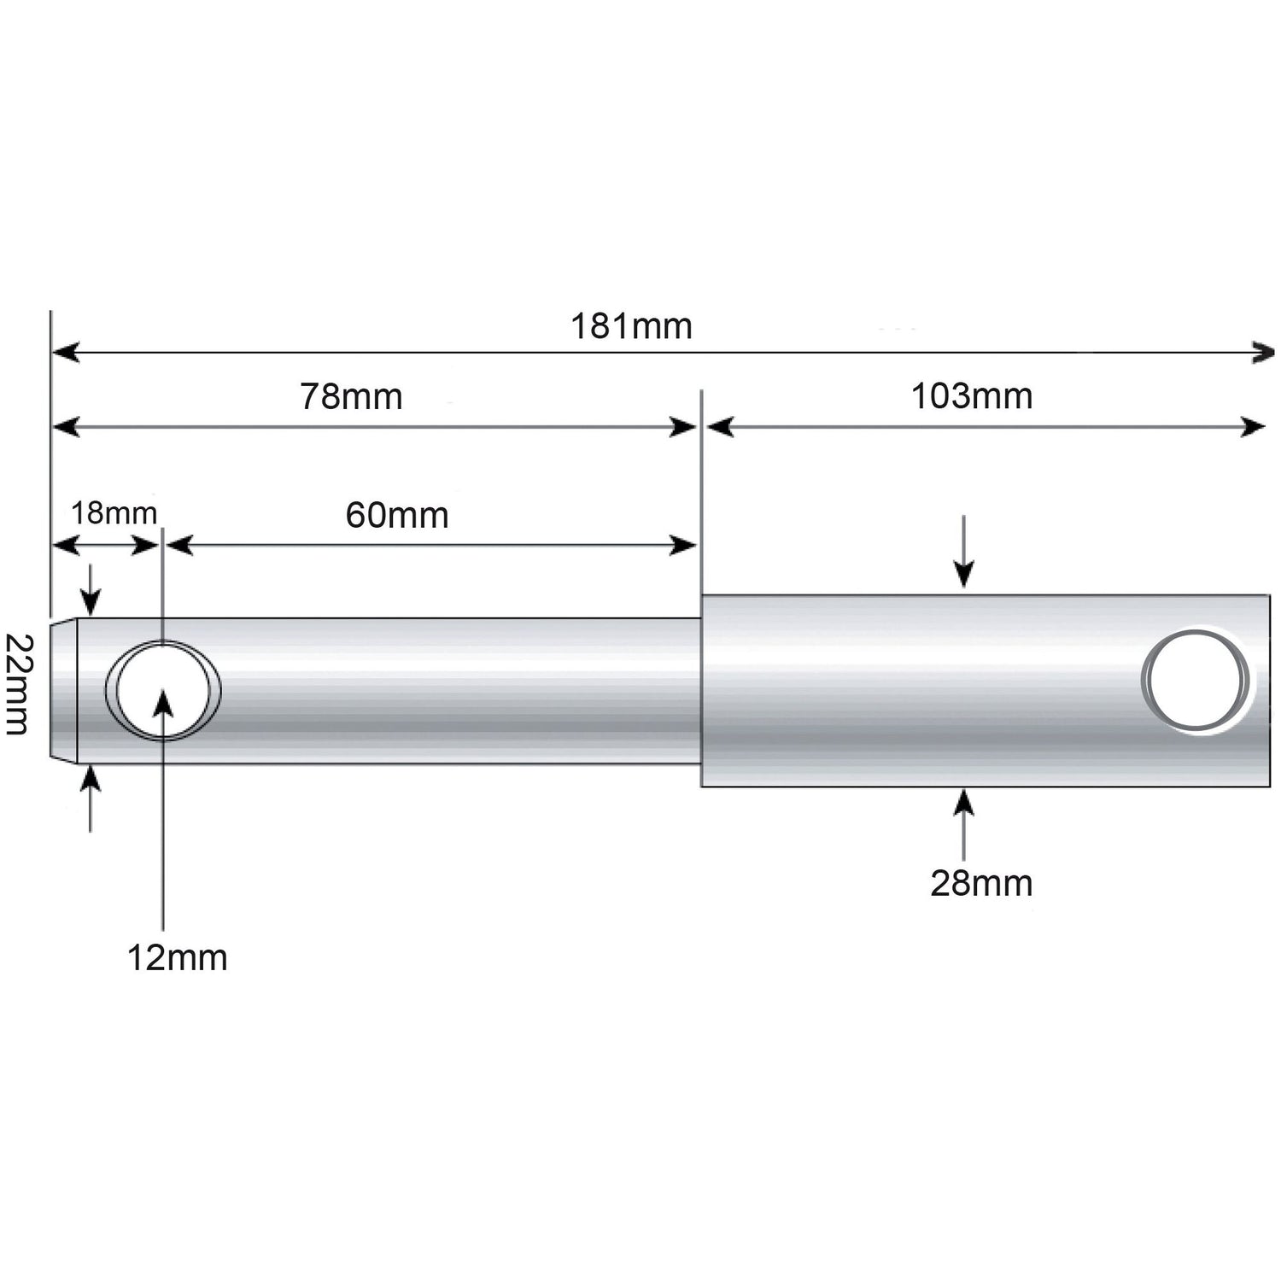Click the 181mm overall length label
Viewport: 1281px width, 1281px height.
pos(631,327)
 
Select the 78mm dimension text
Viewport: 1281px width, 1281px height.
pos(351,397)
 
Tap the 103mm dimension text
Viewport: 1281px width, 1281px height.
pos(972,396)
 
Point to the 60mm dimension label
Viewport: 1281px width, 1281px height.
pos(397,516)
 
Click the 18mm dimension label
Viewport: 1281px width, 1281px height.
pos(114,514)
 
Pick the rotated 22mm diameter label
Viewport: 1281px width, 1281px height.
pos(18,684)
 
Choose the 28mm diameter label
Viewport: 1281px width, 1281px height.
pos(981,884)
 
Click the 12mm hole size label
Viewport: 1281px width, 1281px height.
pos(178,958)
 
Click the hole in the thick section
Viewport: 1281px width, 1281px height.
pos(1196,681)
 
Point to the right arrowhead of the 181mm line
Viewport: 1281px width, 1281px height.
pos(1263,352)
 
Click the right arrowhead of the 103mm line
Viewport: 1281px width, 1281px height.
pos(1254,427)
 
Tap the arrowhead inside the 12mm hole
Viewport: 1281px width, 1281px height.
pos(162,704)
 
